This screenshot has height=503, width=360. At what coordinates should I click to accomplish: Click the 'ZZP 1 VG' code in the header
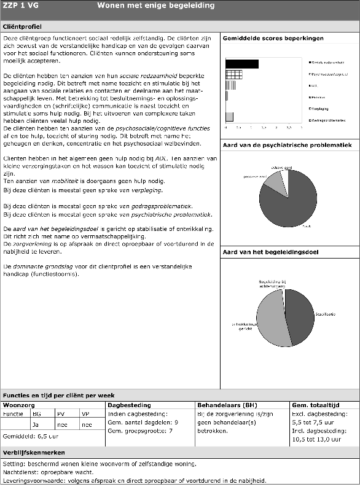pos(19,6)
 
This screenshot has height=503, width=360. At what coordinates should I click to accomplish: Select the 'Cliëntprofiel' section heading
pos(23,27)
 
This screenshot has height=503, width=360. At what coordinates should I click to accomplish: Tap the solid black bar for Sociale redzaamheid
pos(242,63)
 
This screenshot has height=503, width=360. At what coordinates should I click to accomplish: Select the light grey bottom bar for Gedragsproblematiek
pos(229,117)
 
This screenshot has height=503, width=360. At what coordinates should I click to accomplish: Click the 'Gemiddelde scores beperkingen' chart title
pos(273,39)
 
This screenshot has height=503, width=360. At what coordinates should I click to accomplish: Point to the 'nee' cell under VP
pos(86,424)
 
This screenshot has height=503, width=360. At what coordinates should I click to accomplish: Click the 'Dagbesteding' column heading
pos(129,405)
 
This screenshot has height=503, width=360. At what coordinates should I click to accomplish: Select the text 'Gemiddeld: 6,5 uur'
pos(31,435)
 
